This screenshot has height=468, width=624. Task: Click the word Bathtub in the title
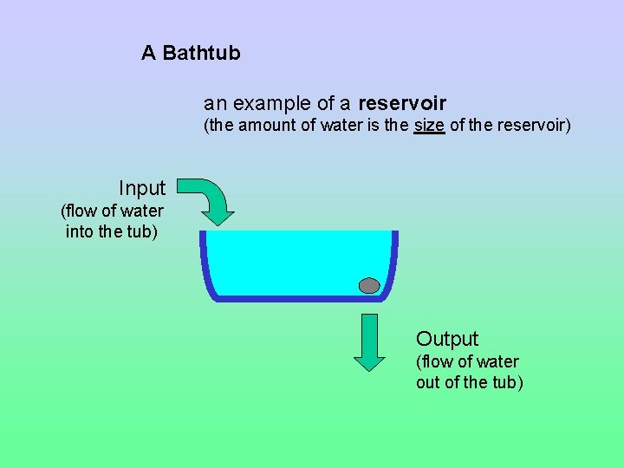click(201, 53)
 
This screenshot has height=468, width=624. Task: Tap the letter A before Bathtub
click(148, 53)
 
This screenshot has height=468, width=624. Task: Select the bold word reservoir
click(401, 104)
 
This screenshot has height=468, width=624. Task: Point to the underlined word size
click(429, 126)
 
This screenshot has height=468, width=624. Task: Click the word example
click(273, 104)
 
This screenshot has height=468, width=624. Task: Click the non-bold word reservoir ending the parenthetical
click(533, 126)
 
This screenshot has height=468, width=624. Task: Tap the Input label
click(142, 188)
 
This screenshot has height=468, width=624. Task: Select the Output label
click(447, 339)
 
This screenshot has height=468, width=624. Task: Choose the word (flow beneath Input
click(77, 211)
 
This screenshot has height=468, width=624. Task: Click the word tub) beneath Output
click(508, 382)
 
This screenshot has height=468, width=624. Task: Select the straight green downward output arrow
click(370, 341)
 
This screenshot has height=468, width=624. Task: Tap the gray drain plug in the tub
click(369, 285)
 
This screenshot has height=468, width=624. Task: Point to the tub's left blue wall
click(206, 264)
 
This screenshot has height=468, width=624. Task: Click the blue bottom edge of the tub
click(299, 298)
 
